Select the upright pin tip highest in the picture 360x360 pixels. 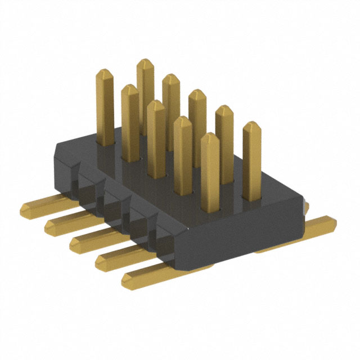pos(145,62)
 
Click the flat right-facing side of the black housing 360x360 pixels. pos(247,236)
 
